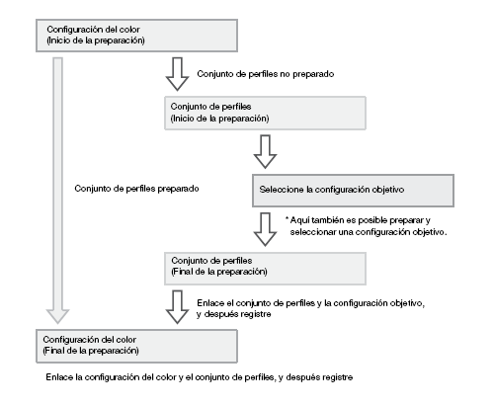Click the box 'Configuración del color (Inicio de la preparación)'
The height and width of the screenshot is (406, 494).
[x=136, y=36]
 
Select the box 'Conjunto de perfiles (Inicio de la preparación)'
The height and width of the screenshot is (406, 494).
[x=265, y=113]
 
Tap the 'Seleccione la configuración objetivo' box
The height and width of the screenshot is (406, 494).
[x=353, y=191]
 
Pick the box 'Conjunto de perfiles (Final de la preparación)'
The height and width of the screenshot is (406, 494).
[x=265, y=269]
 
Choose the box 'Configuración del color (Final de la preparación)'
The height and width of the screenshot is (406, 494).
[x=136, y=346]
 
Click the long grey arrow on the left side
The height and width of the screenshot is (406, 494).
[x=57, y=191]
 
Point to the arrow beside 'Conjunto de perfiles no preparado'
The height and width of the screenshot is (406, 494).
[x=177, y=74]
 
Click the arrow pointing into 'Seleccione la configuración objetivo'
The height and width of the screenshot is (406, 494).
[x=265, y=151]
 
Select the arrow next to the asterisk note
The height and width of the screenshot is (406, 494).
[x=265, y=229]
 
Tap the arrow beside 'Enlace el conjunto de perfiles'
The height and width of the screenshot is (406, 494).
[x=177, y=307]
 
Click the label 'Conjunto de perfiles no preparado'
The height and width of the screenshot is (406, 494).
[x=266, y=74]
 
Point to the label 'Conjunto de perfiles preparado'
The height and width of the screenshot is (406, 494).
[x=136, y=189]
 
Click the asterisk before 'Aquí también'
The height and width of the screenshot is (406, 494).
[x=287, y=218]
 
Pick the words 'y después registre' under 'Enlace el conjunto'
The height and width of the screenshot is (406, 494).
[x=234, y=314]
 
